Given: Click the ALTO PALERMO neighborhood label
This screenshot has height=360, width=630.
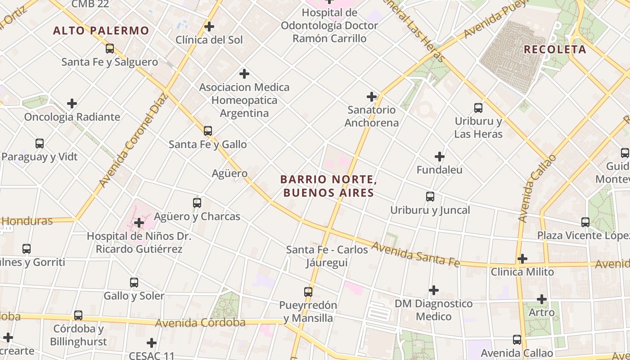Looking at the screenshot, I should click(101, 31).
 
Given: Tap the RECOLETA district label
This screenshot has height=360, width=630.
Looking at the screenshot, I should click(555, 49).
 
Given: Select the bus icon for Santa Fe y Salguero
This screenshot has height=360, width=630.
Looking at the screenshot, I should click(110, 49).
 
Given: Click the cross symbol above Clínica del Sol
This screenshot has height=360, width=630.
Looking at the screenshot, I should click(209, 27).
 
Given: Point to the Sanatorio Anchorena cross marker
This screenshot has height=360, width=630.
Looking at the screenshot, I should click(372, 97).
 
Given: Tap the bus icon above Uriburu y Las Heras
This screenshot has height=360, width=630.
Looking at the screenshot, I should click(478, 108).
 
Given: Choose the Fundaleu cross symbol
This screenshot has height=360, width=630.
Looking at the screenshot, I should click(440, 157).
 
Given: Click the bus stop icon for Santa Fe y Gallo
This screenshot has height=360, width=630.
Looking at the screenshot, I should click(208, 131).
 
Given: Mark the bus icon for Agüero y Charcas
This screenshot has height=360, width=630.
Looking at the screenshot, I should click(197, 203).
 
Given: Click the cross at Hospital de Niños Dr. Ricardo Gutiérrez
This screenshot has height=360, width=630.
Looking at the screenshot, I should click(139, 223).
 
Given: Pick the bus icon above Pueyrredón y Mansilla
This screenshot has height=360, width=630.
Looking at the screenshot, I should click(308, 292).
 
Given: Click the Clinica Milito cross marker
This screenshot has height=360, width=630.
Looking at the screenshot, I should click(522, 259).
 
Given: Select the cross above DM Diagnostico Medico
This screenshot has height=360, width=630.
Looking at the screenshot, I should click(434, 290).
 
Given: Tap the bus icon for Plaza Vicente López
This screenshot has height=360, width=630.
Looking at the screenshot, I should click(585, 222).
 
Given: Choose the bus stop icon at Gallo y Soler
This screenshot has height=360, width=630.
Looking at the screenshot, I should click(134, 283).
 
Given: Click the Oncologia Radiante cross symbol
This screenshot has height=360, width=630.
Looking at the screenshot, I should click(72, 104).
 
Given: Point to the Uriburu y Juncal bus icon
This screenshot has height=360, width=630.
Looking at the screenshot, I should click(430, 197).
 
